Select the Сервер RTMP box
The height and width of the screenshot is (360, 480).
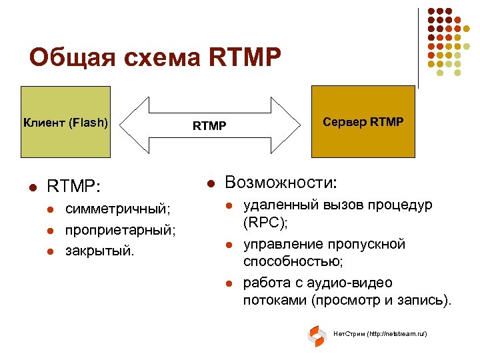click(x=363, y=123)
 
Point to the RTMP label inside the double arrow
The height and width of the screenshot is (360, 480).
click(x=209, y=125)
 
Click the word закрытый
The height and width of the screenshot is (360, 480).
click(x=99, y=251)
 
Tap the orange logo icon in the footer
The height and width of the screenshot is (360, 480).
click(x=316, y=336)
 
